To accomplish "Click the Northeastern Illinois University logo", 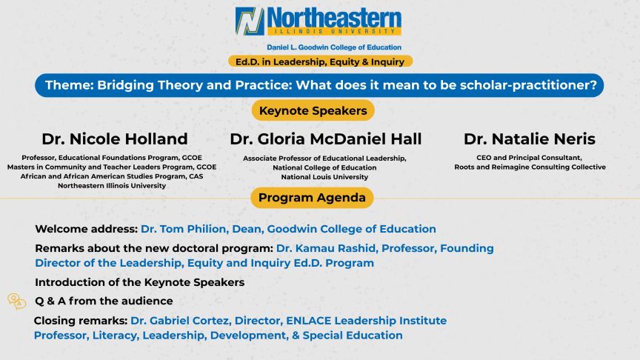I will tap(319, 21).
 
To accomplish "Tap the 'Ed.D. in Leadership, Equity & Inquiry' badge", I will tap(320, 61).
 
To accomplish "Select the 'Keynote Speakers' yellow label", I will tap(313, 110).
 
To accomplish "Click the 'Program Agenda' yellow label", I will tap(311, 198).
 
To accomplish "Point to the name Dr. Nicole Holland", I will tap(115, 139).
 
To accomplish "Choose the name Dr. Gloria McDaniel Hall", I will tap(325, 139).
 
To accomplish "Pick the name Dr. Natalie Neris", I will tap(529, 139).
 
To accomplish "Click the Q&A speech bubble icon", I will tap(16, 301).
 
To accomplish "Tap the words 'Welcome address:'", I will tap(81, 229).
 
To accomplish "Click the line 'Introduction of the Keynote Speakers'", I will tap(139, 282).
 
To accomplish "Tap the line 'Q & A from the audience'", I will tap(104, 301).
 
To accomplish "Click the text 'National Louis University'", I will tap(324, 177).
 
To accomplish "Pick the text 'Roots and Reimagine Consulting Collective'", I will tap(530, 167).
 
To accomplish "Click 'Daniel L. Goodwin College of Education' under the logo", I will tap(319, 47).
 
